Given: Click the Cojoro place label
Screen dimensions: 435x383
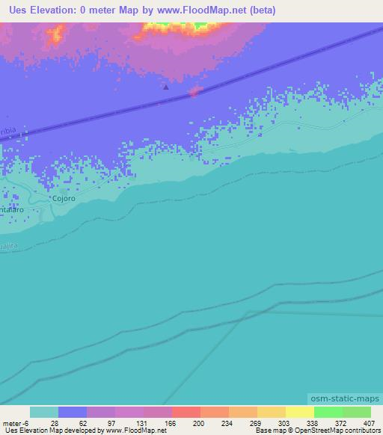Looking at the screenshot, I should [x=64, y=199].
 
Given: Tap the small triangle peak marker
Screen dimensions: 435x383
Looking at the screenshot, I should [x=166, y=87].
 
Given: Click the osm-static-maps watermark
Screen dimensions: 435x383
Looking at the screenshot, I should [x=344, y=400].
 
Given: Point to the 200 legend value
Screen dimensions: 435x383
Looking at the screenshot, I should [x=186, y=422].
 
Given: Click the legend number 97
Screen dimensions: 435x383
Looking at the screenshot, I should [x=101, y=422].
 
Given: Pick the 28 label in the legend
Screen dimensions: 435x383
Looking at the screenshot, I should [x=44, y=422].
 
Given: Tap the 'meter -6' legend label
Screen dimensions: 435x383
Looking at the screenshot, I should [x=15, y=422].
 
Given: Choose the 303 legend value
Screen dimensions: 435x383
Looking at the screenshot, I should [x=272, y=422].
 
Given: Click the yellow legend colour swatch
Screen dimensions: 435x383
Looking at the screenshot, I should [x=299, y=412].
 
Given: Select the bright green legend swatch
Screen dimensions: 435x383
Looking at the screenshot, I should [x=328, y=412].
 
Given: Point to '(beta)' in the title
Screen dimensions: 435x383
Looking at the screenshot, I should [x=239, y=10].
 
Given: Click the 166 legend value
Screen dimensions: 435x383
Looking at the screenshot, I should [x=158, y=422].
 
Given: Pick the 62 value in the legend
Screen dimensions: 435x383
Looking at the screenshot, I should [x=73, y=422].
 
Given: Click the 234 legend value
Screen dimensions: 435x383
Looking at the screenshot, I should [x=215, y=422].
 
